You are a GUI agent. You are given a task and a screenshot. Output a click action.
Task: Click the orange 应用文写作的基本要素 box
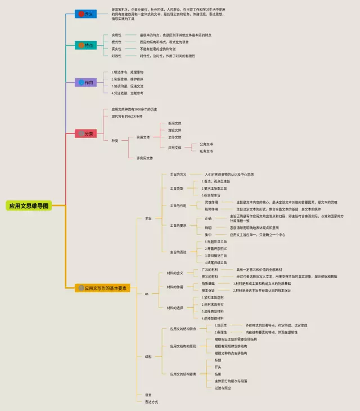tap(103, 288)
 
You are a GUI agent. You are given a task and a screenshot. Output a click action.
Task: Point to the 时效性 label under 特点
tap(116, 56)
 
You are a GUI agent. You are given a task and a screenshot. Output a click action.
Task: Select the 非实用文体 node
tap(145, 158)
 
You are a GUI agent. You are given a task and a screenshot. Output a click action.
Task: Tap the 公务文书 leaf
tap(205, 144)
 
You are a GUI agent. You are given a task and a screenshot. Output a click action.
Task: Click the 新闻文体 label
tap(175, 123)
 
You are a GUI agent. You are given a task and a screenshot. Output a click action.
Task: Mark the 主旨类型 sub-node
tap(177, 189)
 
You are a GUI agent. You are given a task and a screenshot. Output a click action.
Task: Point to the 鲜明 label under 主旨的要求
tap(208, 227)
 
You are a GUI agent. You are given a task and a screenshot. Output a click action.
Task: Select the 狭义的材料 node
tap(210, 276)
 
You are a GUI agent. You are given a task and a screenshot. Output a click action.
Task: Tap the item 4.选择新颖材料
tap(213, 318)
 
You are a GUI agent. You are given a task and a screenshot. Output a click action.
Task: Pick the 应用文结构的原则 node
tap(183, 346)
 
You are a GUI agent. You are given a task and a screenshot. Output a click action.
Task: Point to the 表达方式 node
tap(151, 402)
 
